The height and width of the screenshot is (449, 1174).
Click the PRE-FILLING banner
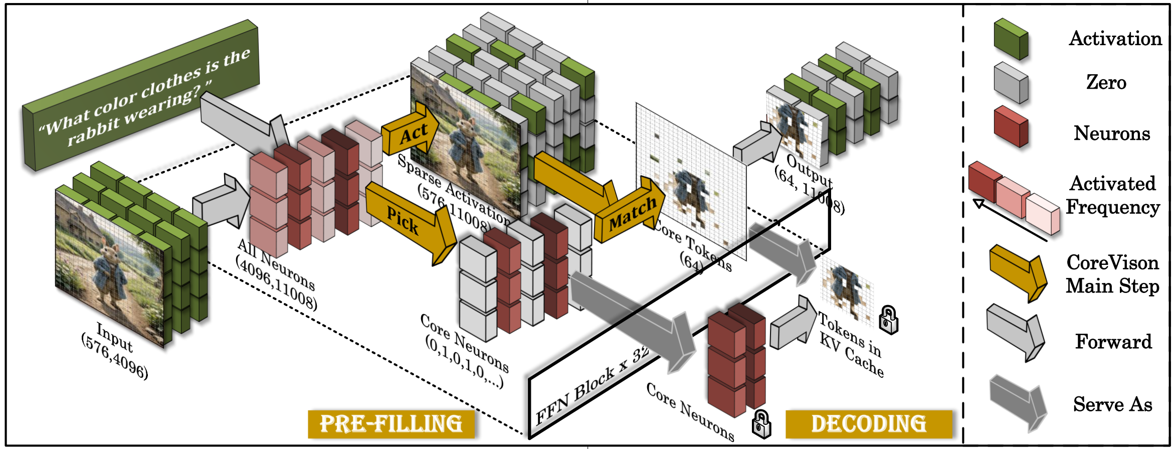click(x=391, y=424)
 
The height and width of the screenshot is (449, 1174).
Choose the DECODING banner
click(x=868, y=424)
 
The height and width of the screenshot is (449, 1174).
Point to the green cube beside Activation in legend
click(x=1011, y=39)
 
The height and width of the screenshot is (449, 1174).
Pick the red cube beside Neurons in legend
click(x=1011, y=126)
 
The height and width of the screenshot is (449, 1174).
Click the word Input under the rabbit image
click(x=115, y=338)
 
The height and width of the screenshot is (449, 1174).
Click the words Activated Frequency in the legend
click(x=1112, y=195)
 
